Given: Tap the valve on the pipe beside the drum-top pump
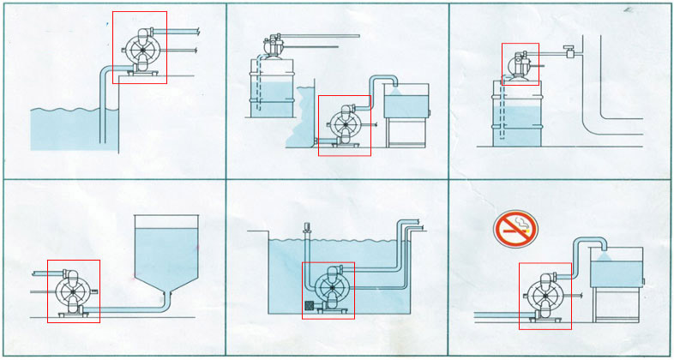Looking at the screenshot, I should [567, 52].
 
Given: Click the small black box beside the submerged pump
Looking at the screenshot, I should [310, 305].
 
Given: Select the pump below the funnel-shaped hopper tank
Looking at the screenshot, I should [73, 291].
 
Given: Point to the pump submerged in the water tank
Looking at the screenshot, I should [328, 290].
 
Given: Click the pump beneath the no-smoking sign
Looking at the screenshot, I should [545, 296].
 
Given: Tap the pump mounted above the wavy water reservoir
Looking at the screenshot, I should [139, 47].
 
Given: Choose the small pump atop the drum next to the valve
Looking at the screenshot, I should [521, 63].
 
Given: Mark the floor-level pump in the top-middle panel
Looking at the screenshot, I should [344, 125].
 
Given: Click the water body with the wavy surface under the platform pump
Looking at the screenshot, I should [64, 129].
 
